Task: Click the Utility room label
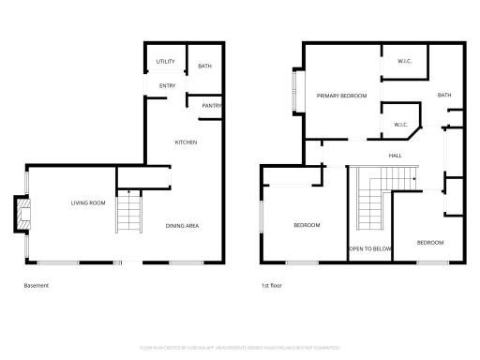tap(166, 62)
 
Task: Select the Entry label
tap(167, 86)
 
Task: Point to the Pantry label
tap(211, 106)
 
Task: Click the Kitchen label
tap(186, 142)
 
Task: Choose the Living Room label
tap(88, 202)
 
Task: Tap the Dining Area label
tap(182, 226)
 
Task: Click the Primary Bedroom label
tap(341, 96)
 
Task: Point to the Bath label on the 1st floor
tap(443, 95)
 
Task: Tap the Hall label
tap(396, 156)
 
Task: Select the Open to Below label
tap(370, 248)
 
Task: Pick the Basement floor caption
tap(36, 286)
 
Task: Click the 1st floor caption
tap(272, 286)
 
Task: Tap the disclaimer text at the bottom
tap(240, 347)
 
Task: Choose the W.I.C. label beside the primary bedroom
tap(399, 124)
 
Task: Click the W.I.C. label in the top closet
tap(405, 62)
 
